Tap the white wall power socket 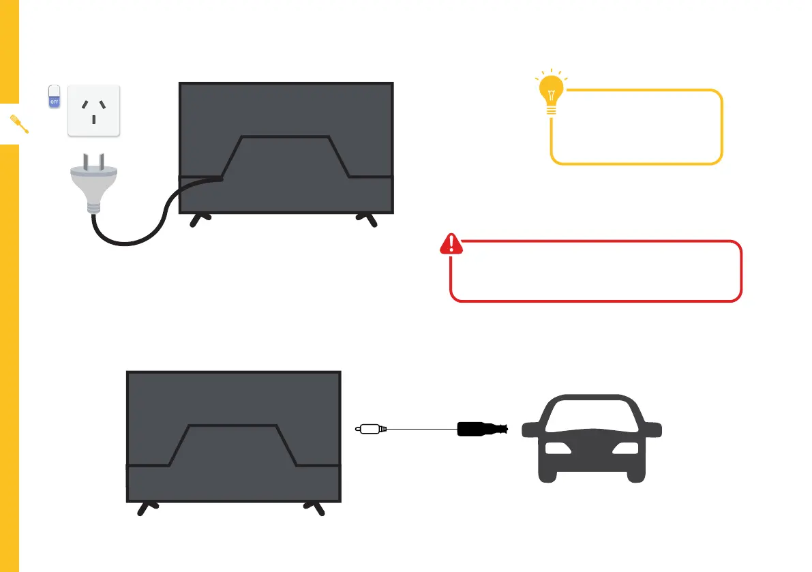93,110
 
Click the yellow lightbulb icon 552,93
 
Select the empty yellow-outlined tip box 636,127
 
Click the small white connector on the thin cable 371,430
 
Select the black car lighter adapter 481,430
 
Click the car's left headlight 557,449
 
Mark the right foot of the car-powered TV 315,508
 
